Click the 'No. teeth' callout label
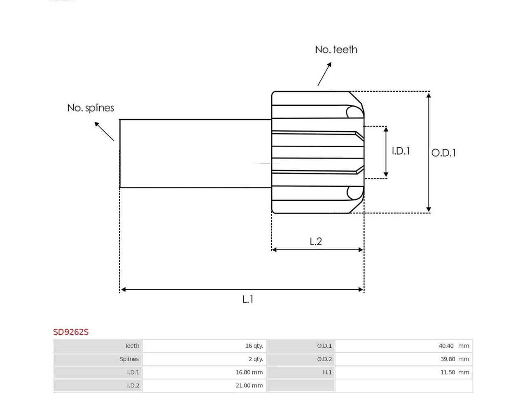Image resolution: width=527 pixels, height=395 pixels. pyautogui.click(x=336, y=50)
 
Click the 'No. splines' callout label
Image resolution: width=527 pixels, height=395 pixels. pyautogui.click(x=91, y=108)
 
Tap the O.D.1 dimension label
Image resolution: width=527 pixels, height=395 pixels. pyautogui.click(x=443, y=153)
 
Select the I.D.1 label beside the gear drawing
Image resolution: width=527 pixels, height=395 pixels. pyautogui.click(x=401, y=151)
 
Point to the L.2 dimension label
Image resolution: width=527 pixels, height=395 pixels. pyautogui.click(x=316, y=242)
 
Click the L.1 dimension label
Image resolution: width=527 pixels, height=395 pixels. pyautogui.click(x=247, y=299)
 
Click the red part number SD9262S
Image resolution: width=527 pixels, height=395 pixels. pyautogui.click(x=71, y=332)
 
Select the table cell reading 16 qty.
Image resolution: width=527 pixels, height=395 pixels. pyautogui.click(x=204, y=346)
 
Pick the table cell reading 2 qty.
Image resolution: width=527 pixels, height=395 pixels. pyautogui.click(x=204, y=359)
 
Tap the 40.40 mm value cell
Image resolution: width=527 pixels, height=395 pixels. pyautogui.click(x=404, y=346)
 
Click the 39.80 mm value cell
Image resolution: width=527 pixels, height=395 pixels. pyautogui.click(x=404, y=359)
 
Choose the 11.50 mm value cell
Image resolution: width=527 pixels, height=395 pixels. pyautogui.click(x=404, y=372)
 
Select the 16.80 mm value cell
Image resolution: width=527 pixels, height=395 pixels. pyautogui.click(x=204, y=372)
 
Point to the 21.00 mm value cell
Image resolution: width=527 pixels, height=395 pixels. pyautogui.click(x=204, y=386)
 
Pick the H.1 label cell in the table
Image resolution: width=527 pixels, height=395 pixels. pyautogui.click(x=301, y=372)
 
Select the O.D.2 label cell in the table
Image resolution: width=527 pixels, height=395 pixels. pyautogui.click(x=301, y=359)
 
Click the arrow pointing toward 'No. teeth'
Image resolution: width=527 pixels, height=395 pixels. pyautogui.click(x=324, y=74)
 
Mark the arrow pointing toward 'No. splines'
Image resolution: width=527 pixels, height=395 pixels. pyautogui.click(x=104, y=131)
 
